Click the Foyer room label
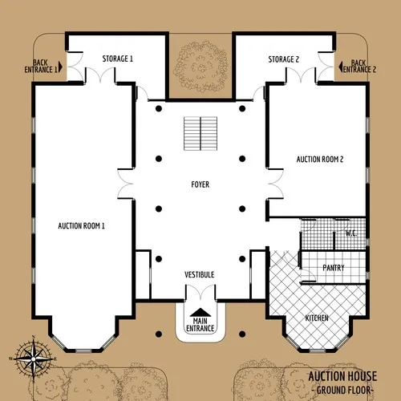click(x=200, y=184)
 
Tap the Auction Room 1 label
click(x=82, y=225)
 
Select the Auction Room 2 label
click(x=320, y=160)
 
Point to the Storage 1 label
click(x=118, y=59)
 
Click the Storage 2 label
click(x=284, y=59)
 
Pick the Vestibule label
click(x=200, y=275)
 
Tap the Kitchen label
click(x=317, y=318)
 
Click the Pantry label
click(x=333, y=268)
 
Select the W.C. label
click(x=350, y=233)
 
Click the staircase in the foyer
click(x=200, y=133)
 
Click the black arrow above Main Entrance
click(x=200, y=311)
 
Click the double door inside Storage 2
click(x=300, y=75)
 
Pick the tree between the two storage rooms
click(x=200, y=68)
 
